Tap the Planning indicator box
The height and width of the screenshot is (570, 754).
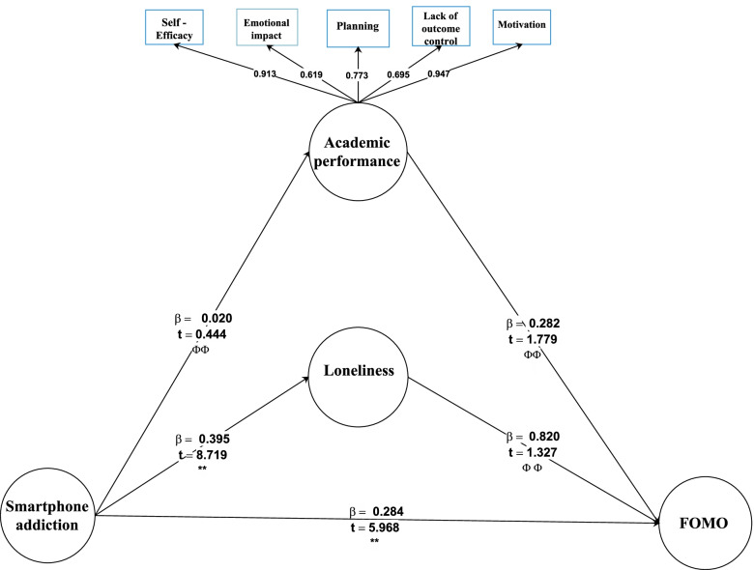tap(358, 28)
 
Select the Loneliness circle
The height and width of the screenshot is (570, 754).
tap(357, 371)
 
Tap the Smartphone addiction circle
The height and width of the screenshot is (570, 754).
tap(49, 515)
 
